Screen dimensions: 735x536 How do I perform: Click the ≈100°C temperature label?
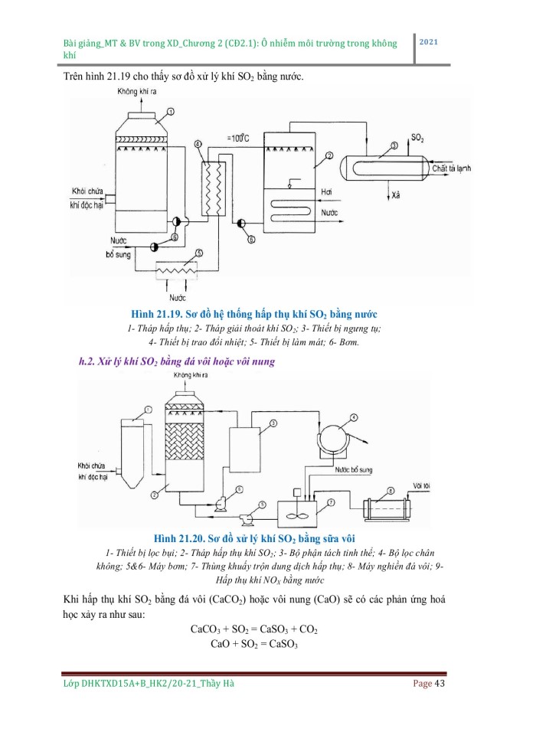click(x=239, y=138)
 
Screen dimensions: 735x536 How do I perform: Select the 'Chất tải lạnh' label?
click(x=453, y=168)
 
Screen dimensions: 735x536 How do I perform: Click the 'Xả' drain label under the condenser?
click(x=395, y=196)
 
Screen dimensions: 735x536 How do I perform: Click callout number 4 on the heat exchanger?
click(x=198, y=144)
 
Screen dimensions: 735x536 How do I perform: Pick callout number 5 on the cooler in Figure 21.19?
click(x=199, y=253)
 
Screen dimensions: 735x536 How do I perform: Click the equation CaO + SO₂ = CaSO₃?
click(x=253, y=643)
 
